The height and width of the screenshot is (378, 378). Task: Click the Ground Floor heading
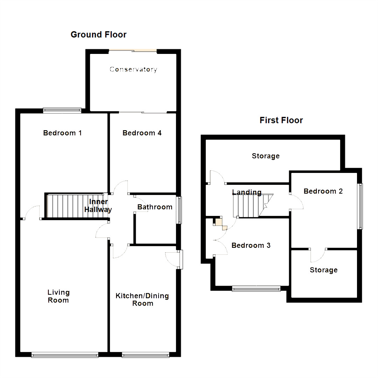(98, 35)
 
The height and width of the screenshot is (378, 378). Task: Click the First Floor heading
(281, 120)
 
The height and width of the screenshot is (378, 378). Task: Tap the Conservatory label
(133, 69)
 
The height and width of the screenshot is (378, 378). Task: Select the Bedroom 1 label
(62, 133)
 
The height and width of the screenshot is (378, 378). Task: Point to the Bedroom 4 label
(142, 133)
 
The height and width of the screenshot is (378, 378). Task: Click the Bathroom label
(155, 207)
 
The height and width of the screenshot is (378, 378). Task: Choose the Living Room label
(58, 296)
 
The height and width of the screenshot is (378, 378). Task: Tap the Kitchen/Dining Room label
(142, 300)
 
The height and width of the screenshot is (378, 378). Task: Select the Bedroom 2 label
(323, 191)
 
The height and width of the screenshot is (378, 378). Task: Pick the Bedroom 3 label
(251, 245)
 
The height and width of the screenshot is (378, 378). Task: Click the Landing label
(247, 192)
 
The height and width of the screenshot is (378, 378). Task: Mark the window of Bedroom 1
(62, 110)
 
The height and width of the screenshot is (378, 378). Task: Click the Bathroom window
(180, 210)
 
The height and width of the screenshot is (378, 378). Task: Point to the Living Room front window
(64, 355)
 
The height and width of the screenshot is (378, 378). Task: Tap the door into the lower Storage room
(317, 255)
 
